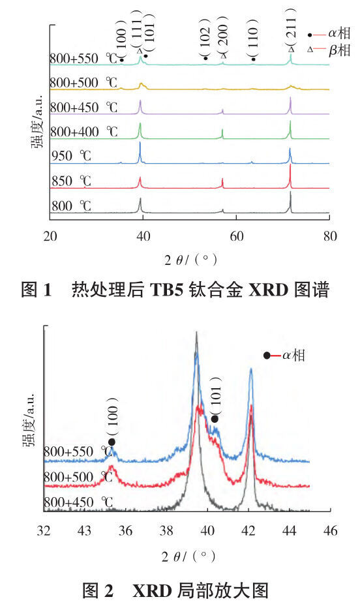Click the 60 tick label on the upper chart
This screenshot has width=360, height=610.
pyautogui.click(x=236, y=236)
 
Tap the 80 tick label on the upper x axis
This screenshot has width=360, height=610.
pyautogui.click(x=330, y=236)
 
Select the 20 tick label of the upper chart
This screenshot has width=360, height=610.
pyautogui.click(x=50, y=236)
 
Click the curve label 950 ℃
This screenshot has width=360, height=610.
pyautogui.click(x=71, y=156)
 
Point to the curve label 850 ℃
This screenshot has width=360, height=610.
pyautogui.click(x=71, y=181)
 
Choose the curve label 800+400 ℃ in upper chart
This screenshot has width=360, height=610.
pyautogui.click(x=83, y=132)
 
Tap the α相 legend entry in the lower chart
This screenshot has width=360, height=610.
pyautogui.click(x=284, y=355)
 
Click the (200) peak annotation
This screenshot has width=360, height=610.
pyautogui.click(x=223, y=37)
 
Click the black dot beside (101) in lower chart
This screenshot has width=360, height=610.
pyautogui.click(x=215, y=419)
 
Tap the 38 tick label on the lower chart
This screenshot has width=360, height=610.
pyautogui.click(x=166, y=530)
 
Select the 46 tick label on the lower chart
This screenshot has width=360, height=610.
pyautogui.click(x=330, y=530)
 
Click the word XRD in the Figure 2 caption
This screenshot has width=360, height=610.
pyautogui.click(x=151, y=591)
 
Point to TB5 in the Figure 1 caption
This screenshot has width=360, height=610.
pyautogui.click(x=166, y=290)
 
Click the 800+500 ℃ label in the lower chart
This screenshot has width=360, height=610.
pyautogui.click(x=78, y=478)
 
